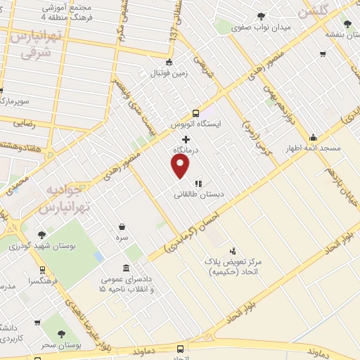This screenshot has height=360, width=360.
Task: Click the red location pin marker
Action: (x=181, y=166)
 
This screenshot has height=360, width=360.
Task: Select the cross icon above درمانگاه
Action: (x=186, y=140)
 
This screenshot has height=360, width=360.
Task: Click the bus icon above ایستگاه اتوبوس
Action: (x=195, y=112)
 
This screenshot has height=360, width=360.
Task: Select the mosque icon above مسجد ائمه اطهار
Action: (x=312, y=137)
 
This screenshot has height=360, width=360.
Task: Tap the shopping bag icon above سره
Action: (x=123, y=227)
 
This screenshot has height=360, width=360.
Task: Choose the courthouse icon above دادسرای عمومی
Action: (x=126, y=268)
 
